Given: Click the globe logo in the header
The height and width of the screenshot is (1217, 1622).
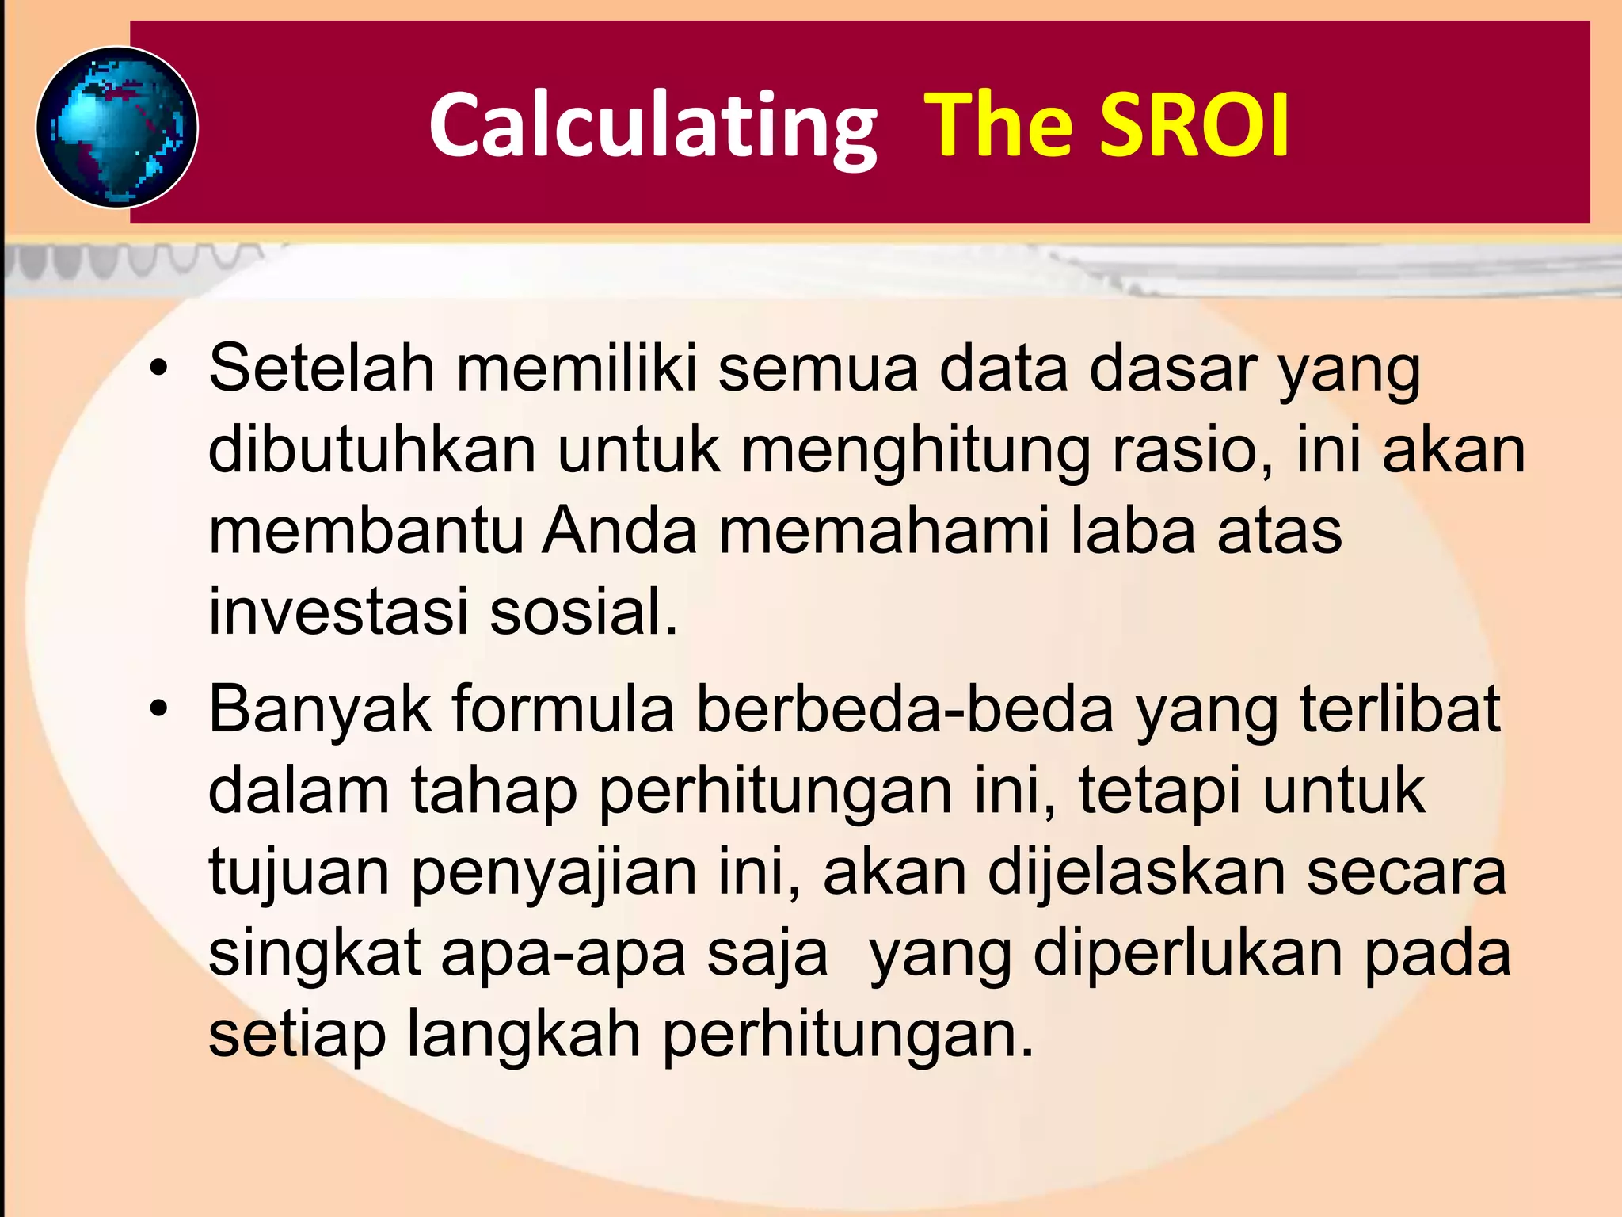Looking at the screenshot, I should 117,128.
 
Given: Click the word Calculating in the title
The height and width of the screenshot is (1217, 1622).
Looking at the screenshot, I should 653,127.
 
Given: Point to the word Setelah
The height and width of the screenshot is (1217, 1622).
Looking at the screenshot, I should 322,368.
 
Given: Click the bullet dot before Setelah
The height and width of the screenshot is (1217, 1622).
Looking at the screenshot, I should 159,369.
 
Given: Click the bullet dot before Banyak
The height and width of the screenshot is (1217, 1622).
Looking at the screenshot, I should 159,709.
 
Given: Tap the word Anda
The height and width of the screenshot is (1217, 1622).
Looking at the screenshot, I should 619,531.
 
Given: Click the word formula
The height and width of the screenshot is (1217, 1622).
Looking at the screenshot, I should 563,709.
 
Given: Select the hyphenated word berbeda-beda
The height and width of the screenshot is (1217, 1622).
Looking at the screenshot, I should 905,709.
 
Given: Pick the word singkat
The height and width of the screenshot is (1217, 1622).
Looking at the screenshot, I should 314,955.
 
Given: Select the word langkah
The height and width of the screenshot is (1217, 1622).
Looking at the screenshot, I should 524,1036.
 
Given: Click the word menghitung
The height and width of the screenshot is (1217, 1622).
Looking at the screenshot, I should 916,452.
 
